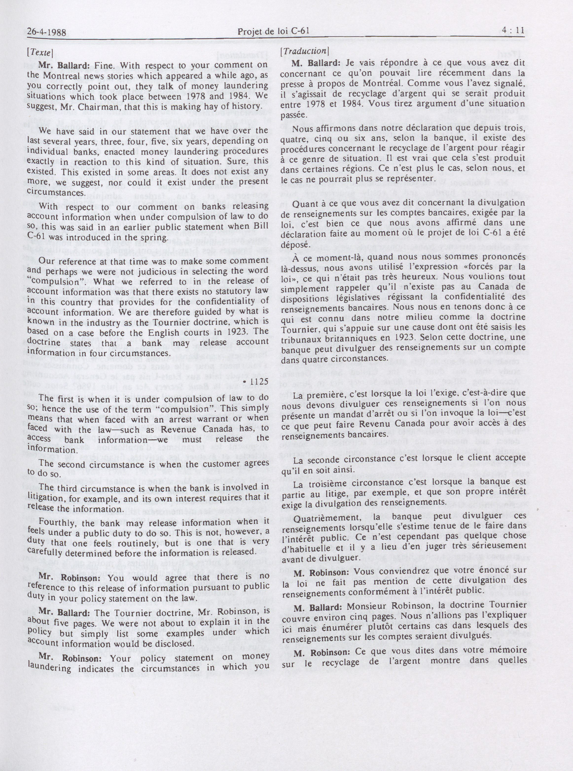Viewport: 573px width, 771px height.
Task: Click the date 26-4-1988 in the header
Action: [x=47, y=32]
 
